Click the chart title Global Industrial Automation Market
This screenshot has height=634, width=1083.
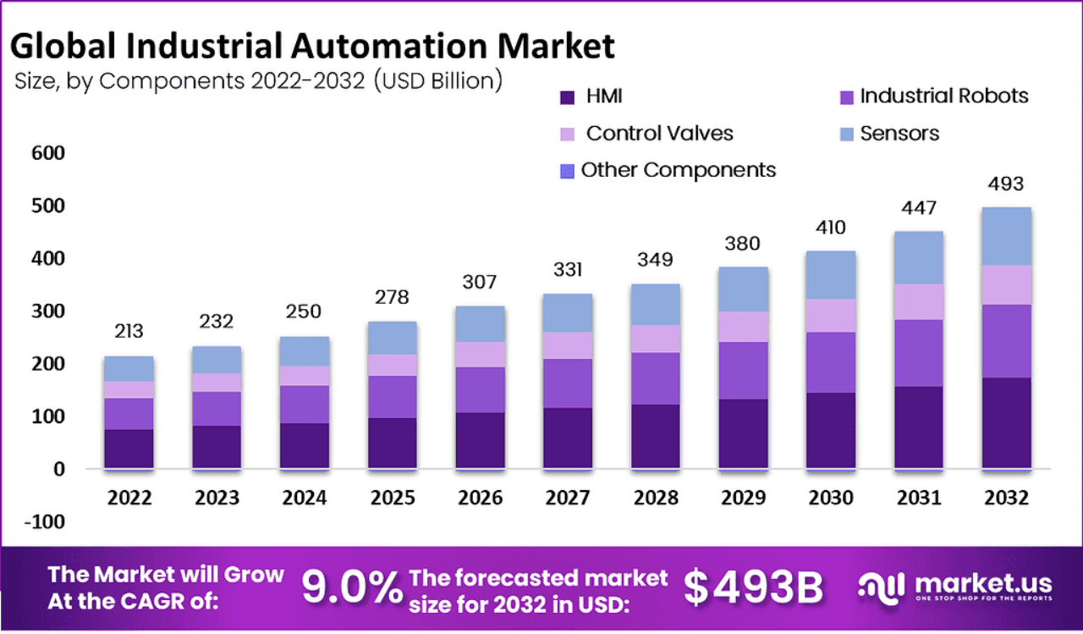(x=314, y=46)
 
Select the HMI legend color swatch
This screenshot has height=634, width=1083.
(x=568, y=97)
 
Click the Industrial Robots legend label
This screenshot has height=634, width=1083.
(x=943, y=96)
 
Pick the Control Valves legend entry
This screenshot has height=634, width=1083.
(x=659, y=134)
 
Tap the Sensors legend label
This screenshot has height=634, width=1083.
(x=899, y=134)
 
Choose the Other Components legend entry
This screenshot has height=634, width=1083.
(x=678, y=170)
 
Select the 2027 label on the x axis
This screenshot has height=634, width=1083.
(x=568, y=498)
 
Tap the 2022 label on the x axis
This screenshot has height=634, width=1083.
(x=129, y=498)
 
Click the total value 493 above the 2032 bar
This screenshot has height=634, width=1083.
(x=1005, y=184)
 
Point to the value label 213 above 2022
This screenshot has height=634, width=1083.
(x=129, y=331)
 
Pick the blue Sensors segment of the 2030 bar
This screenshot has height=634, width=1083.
(x=830, y=274)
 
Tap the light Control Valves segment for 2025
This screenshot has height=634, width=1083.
(x=392, y=365)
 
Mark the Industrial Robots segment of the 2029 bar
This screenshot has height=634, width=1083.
(x=743, y=370)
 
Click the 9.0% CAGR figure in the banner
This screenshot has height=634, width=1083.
(x=352, y=587)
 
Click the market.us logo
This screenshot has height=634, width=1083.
(x=955, y=586)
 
